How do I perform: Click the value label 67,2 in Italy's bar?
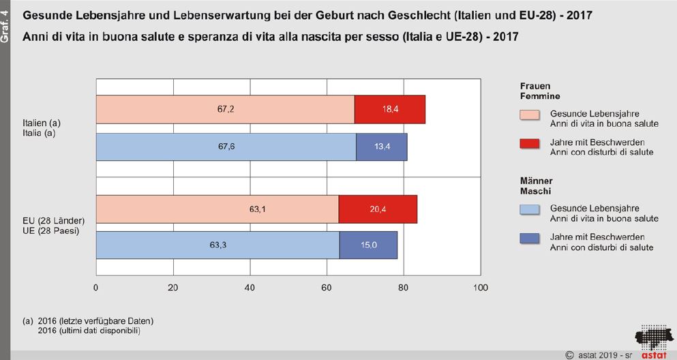pos(226,110)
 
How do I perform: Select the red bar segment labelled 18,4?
pos(390,110)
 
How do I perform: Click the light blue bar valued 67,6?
pos(226,147)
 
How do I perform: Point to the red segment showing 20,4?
pos(378,209)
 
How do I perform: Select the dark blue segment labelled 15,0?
pos(368,245)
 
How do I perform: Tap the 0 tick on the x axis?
pos(96,288)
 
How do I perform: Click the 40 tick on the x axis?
pos(250,288)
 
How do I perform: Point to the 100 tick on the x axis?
pos(481,288)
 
